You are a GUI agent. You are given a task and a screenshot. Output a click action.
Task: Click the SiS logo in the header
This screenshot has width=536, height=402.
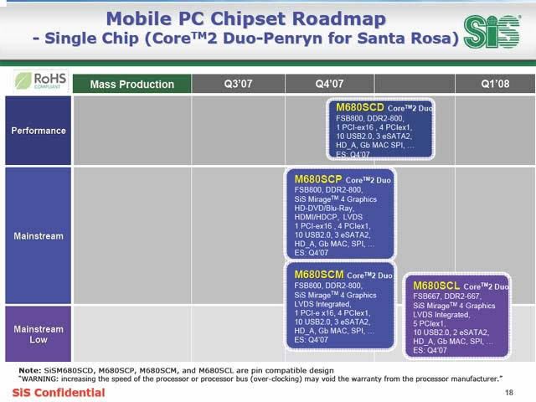pos(492,32)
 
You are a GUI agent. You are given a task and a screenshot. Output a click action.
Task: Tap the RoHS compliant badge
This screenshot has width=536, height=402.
pos(41,81)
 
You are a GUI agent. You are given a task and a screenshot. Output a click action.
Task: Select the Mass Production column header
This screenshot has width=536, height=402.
pos(132,84)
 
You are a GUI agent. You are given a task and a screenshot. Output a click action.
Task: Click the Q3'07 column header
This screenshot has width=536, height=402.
pos(238,84)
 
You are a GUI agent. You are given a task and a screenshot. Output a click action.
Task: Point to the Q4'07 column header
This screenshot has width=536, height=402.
pos(329,84)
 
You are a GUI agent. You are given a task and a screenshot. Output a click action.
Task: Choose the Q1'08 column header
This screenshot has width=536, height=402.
pos(495,84)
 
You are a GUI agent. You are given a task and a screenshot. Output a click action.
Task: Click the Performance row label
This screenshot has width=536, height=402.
pos(39,131)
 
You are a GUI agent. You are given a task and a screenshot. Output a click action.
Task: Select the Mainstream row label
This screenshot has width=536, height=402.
pos(39,236)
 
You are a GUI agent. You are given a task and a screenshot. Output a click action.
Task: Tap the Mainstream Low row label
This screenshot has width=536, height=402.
pos(39,334)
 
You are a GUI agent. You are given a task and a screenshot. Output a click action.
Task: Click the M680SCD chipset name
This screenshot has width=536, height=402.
pos(360,107)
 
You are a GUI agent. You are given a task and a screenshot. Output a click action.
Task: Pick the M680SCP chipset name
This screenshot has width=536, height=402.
pos(318,179)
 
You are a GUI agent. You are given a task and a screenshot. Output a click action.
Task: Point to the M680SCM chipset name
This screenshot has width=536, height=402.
pos(319,275)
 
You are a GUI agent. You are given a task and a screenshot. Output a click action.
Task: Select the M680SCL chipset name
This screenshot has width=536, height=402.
pos(436,286)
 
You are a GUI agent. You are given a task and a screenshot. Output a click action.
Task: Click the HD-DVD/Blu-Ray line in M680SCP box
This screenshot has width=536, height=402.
pos(324,208)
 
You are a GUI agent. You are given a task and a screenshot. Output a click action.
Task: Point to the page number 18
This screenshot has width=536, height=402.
pos(509,393)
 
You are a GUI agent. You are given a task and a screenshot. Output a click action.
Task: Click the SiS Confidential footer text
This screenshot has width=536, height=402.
pos(59,393)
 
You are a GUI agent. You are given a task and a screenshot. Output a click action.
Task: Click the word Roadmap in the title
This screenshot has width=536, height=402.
pos(339,19)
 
